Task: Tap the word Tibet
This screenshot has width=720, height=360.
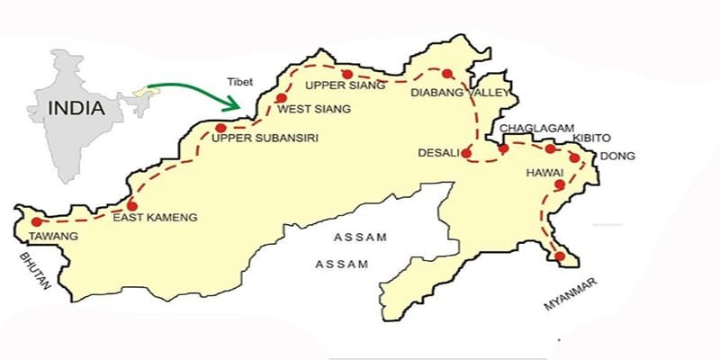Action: [x=243, y=81]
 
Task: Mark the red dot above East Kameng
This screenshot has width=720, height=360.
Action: [x=132, y=205]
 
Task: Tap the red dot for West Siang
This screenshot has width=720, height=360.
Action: [x=282, y=98]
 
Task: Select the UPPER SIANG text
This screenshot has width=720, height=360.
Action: [x=346, y=86]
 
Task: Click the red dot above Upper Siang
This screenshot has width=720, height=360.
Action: [x=346, y=73]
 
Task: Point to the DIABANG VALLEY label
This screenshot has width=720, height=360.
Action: [x=460, y=92]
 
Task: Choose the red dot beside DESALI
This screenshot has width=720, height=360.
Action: [x=466, y=153]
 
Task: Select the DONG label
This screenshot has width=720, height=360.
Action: [x=618, y=156]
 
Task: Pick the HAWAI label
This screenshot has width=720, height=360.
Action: [x=546, y=172]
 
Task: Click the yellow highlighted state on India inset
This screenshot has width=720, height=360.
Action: [x=138, y=91]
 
